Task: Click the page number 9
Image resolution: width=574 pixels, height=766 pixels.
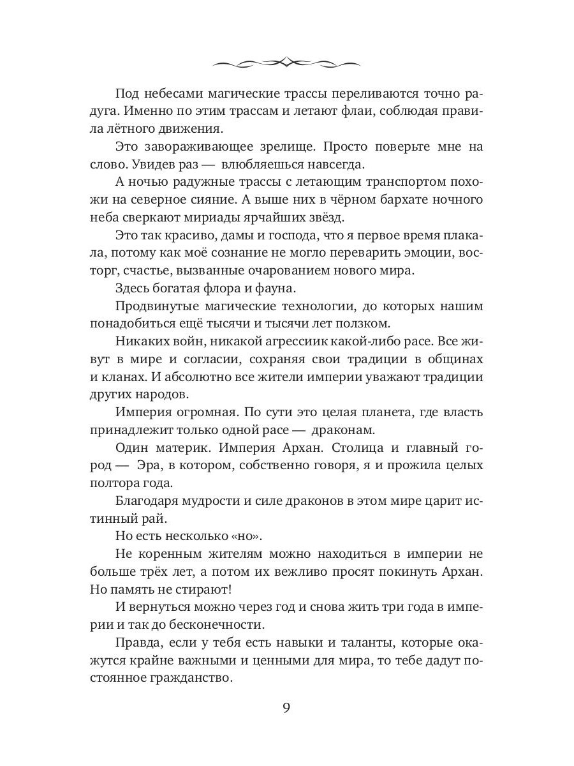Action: [x=286, y=710]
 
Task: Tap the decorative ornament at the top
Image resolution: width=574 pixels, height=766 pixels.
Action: [x=286, y=63]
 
